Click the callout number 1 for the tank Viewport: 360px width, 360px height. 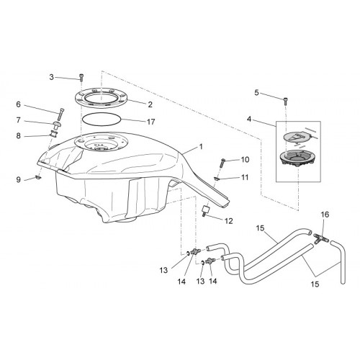201,146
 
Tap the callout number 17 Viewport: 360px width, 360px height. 151,122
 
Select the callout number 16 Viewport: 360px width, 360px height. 325,215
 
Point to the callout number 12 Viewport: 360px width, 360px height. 229,221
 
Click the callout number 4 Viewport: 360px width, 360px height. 249,119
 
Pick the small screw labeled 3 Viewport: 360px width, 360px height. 81,78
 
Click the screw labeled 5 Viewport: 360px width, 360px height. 286,101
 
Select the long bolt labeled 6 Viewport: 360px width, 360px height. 60,115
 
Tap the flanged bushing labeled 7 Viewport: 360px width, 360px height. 57,125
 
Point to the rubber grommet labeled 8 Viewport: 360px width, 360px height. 53,133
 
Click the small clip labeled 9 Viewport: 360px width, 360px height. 38,178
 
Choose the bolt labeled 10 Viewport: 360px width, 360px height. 222,163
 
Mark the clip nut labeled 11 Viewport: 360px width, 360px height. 216,179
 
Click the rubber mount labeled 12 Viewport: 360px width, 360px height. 205,210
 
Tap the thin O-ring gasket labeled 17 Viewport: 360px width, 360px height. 101,120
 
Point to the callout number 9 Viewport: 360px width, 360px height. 19,180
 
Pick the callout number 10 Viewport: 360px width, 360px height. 245,160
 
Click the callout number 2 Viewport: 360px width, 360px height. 150,104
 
